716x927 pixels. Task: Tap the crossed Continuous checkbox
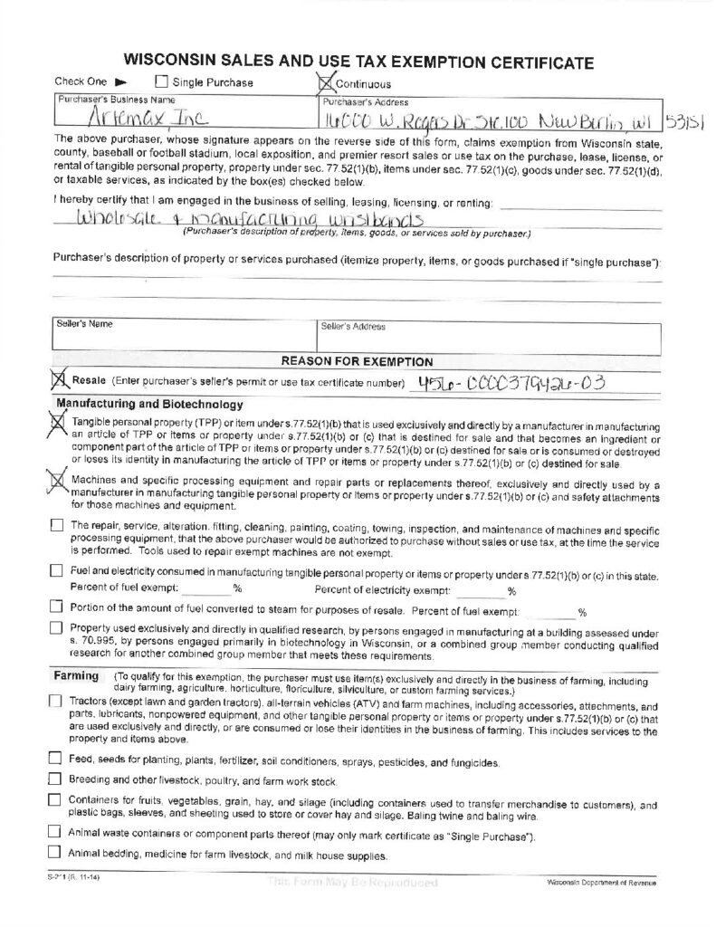pyautogui.click(x=327, y=83)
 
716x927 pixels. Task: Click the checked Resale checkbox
pyautogui.click(x=60, y=380)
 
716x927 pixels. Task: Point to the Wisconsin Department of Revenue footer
pyautogui.click(x=602, y=882)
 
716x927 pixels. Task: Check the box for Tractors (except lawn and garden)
pyautogui.click(x=56, y=702)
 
